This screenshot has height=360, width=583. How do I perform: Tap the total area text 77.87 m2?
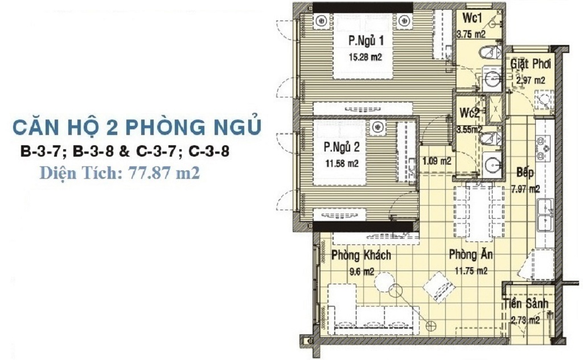164,173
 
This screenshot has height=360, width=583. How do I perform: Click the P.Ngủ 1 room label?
366,40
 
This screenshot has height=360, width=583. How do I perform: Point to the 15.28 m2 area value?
365,58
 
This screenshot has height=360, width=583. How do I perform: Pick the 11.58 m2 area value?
342,163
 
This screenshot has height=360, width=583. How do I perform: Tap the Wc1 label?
472,18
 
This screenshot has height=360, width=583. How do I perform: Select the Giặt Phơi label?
530,64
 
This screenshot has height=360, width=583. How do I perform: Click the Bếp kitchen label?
525,172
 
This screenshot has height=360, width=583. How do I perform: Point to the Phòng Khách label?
361,255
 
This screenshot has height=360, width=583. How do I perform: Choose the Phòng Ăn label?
471,255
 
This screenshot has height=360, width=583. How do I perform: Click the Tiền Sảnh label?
525,304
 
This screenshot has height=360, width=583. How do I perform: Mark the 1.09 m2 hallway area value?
437,161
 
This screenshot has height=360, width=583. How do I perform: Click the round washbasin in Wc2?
493,165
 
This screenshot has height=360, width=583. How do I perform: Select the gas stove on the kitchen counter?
543,149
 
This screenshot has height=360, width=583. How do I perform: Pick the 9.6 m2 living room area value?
362,272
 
